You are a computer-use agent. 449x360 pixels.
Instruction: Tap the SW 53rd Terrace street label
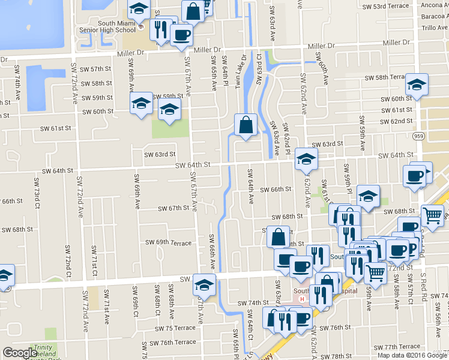tap(385, 6)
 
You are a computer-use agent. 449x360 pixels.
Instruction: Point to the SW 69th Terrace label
tap(169, 243)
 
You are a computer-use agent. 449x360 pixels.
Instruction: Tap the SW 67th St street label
tap(173, 209)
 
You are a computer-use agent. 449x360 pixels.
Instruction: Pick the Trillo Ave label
tap(435, 28)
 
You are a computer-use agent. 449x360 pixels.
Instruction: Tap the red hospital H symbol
tap(302, 299)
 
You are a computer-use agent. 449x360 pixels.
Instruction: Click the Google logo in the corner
tap(19, 353)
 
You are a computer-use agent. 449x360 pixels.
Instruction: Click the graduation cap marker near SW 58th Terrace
tap(416, 85)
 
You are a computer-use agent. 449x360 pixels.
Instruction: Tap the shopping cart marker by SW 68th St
tap(432, 216)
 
